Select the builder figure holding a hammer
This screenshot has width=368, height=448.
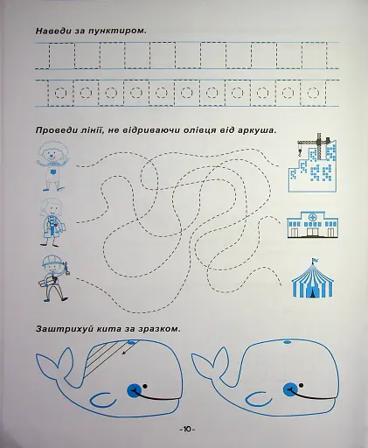tap(54, 278)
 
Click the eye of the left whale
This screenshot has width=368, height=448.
tap(134, 390)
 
